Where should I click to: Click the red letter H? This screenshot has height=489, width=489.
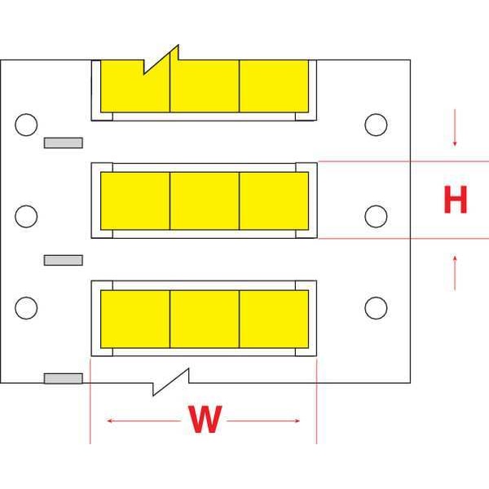coord(456,200)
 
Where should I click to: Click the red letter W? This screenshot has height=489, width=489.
coord(205,419)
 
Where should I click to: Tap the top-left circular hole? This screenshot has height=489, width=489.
coord(26,125)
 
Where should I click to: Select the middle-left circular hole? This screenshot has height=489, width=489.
coord(26,216)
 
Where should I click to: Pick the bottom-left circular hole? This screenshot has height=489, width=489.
coord(26,308)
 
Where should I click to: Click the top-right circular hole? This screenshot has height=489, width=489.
coord(376,125)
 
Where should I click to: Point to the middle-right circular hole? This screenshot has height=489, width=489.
coord(376,216)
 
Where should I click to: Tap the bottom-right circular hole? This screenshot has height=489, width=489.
coord(376,308)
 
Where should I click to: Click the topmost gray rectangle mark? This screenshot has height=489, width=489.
coord(64,143)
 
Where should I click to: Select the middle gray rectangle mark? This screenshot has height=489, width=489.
coord(64,260)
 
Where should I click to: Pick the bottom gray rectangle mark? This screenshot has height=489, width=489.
coord(64,378)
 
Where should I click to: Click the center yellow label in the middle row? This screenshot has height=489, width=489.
coord(205,200)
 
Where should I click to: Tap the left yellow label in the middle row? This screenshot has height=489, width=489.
coord(135,200)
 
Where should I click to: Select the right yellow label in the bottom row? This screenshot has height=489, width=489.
coord(274,319)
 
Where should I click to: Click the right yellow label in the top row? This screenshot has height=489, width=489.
coord(274,86)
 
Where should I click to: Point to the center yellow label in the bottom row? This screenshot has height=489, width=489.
coord(205,319)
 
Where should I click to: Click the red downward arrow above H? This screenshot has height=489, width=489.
coord(455,128)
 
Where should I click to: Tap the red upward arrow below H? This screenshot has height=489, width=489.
coord(455,273)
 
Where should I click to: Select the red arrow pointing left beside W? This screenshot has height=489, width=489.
coord(143,421)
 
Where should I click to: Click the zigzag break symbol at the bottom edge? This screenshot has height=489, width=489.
coord(171,382)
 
